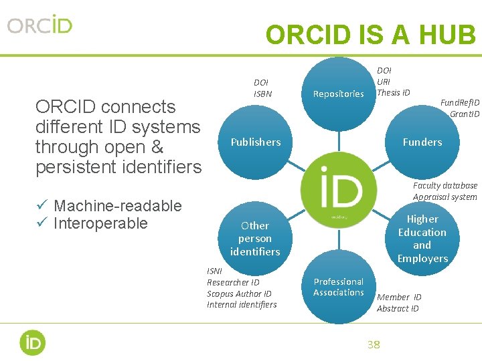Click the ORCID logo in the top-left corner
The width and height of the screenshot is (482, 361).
[x=40, y=25]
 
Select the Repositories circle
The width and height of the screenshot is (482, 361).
[x=339, y=94]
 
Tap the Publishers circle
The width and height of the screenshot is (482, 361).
[x=256, y=142]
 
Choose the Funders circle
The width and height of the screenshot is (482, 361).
[x=422, y=142]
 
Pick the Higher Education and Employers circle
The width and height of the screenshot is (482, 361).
[x=422, y=239]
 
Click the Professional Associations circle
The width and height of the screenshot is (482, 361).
[x=339, y=287]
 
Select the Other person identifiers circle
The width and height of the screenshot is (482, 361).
[x=255, y=239]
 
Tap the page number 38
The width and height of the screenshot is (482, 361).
[x=374, y=344]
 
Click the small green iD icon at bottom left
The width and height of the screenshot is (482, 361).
[x=32, y=342]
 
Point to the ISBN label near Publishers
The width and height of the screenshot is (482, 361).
[x=263, y=94]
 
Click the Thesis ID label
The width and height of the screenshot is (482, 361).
[x=394, y=92]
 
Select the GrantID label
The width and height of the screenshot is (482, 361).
[x=465, y=114]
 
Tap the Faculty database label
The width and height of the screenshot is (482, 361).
[x=445, y=185]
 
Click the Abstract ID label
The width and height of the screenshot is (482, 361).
[x=398, y=308]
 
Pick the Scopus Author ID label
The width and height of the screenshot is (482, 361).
[x=239, y=293]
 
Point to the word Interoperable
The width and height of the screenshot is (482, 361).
[x=100, y=223]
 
